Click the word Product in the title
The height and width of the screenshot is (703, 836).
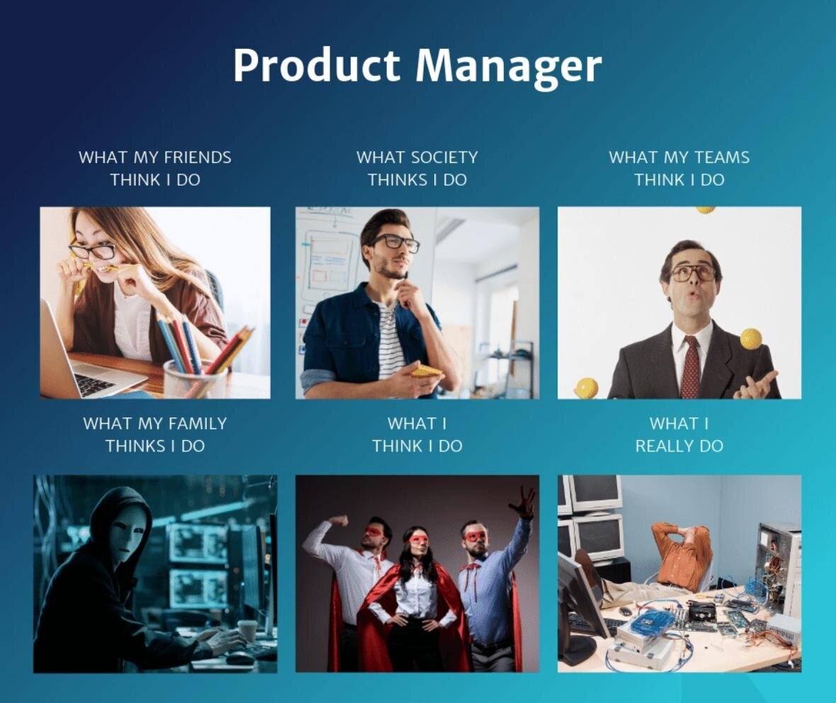[x=316, y=65]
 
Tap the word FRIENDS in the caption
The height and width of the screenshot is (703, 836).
[x=197, y=157]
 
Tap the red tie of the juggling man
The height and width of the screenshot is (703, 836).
[x=691, y=367]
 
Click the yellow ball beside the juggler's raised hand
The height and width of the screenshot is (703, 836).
[x=751, y=338]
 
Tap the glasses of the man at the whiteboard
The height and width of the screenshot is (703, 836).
[x=395, y=242]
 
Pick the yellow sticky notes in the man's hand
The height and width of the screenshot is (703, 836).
[x=427, y=370]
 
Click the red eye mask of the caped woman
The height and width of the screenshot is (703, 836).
[x=419, y=539]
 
